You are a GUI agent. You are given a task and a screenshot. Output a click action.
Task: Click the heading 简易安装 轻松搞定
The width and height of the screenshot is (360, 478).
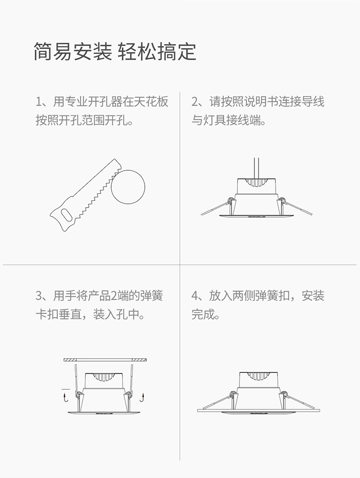tap(115, 51)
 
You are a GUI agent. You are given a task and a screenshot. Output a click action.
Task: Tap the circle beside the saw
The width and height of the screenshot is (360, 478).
tap(128, 187)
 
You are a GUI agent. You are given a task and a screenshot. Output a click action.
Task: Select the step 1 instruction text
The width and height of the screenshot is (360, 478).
tap(102, 111)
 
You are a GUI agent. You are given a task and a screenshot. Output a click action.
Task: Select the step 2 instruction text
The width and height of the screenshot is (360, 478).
tap(258, 111)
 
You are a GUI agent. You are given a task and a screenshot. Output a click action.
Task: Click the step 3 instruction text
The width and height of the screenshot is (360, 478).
tap(99, 305)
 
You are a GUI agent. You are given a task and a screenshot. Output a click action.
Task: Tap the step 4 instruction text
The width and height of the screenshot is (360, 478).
tap(258, 305)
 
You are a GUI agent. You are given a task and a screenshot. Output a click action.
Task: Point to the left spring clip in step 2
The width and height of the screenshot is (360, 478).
tap(217, 207)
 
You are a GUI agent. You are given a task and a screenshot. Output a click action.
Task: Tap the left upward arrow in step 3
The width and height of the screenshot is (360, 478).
tap(65, 397)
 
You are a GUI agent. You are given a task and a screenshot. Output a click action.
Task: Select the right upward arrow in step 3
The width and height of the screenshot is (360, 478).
tap(142, 397)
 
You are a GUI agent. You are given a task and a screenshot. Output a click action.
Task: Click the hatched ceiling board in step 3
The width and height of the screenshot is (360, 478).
tap(106, 360)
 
